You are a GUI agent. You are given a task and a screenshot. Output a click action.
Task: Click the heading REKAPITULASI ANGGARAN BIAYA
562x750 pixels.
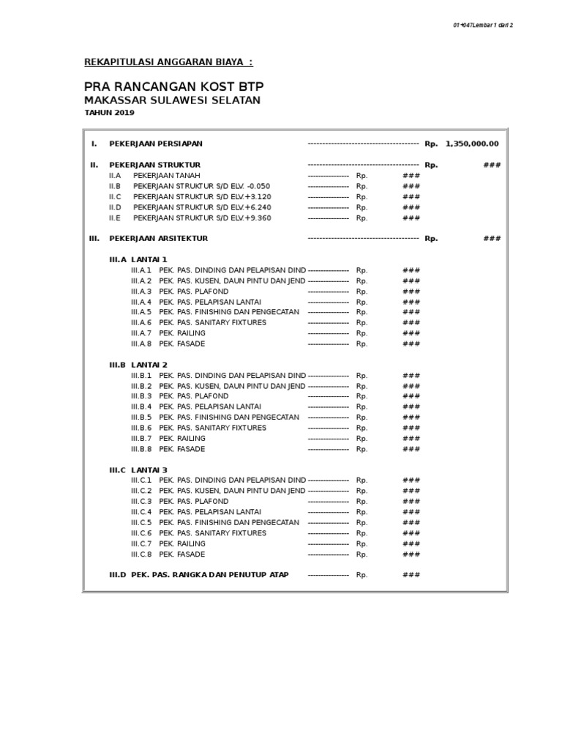click(x=169, y=63)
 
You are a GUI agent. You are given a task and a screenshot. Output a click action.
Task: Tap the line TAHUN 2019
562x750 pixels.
click(x=110, y=113)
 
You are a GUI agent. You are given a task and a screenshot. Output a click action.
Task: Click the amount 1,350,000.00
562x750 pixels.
click(x=472, y=144)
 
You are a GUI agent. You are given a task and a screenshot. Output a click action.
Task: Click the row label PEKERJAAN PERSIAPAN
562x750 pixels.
click(x=156, y=144)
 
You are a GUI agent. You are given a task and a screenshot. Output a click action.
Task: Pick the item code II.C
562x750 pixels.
click(x=114, y=197)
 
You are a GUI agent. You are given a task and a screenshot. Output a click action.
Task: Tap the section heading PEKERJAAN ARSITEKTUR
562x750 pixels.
click(x=158, y=238)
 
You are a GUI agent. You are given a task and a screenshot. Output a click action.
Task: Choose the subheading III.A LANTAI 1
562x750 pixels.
click(x=138, y=259)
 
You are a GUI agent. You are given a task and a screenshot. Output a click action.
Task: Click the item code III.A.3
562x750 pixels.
click(x=141, y=292)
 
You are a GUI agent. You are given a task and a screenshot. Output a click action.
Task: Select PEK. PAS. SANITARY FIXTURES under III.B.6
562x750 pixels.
click(x=213, y=428)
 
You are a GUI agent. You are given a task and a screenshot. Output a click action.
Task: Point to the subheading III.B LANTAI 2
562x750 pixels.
click(x=138, y=365)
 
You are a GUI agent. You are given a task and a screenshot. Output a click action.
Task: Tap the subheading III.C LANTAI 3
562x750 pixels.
click(x=138, y=469)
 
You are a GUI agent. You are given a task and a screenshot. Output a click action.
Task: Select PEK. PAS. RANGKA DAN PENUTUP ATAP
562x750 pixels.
click(x=210, y=575)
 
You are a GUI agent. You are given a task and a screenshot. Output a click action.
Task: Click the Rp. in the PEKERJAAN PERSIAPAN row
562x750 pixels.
click(x=431, y=144)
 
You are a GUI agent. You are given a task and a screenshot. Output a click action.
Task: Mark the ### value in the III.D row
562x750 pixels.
click(x=411, y=575)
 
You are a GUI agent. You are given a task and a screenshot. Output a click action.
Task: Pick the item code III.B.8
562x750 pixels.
click(x=141, y=449)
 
